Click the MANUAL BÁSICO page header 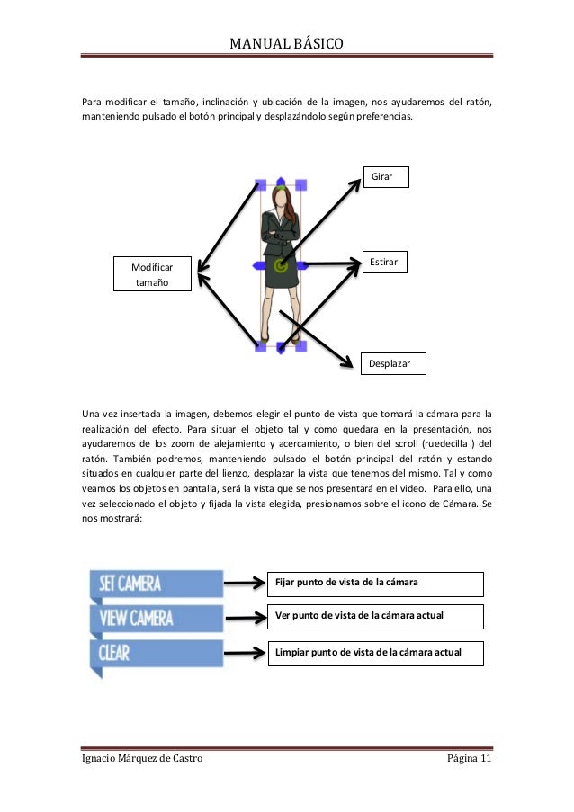(x=286, y=42)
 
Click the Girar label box (x=385, y=176)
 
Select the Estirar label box (x=384, y=261)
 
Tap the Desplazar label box (x=392, y=363)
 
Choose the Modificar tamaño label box (x=152, y=274)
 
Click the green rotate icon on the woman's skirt (x=281, y=265)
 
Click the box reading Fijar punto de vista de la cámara (x=375, y=584)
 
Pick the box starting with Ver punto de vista (x=375, y=616)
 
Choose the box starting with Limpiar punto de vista (x=375, y=652)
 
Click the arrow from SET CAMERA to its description (x=245, y=584)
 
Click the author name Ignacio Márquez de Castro (x=142, y=760)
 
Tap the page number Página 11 (x=470, y=760)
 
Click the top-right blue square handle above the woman (x=301, y=183)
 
